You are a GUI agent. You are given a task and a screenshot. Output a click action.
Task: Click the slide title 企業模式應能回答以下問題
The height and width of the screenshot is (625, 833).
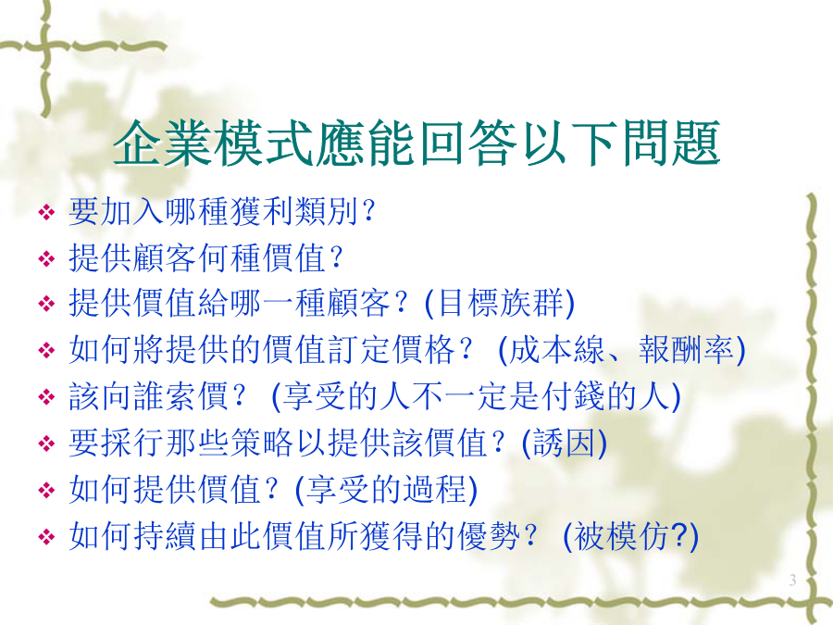416,144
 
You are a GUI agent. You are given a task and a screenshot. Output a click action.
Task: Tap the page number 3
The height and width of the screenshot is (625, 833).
792,580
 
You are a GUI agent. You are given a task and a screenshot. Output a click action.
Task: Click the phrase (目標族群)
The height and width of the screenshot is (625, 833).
500,304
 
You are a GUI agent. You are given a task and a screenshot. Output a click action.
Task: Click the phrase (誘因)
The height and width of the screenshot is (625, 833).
565,443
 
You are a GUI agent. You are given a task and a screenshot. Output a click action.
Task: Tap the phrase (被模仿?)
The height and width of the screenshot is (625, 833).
630,536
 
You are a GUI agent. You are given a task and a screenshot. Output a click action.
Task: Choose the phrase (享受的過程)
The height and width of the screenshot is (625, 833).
386,490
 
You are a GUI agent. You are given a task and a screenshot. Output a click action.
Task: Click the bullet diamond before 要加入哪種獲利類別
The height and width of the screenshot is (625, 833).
47,213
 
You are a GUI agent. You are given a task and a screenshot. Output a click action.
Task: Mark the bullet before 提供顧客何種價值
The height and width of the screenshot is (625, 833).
47,259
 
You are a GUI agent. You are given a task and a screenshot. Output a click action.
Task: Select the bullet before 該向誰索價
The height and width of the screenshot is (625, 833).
47,397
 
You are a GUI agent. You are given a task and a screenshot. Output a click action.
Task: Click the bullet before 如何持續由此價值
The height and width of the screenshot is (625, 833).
47,536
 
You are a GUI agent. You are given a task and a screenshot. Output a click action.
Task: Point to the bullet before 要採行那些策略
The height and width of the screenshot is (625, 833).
47,444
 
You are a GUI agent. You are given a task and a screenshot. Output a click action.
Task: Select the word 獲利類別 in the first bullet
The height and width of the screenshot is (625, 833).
294,211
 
